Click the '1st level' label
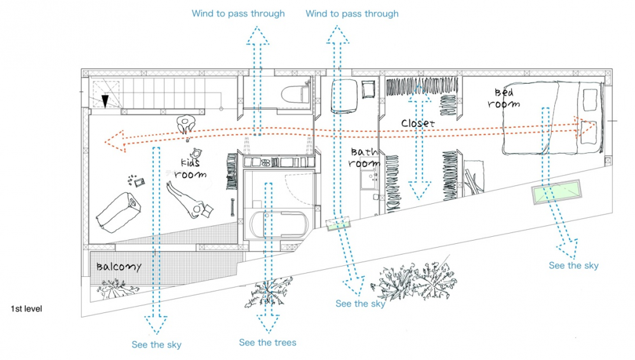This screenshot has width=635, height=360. coord(26,309)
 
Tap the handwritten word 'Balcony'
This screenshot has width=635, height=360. coord(119,267)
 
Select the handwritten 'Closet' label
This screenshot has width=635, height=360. coord(418,123)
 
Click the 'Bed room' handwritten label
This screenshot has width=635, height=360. coord(504,98)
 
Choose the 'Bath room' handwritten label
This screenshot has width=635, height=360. coord(364,158)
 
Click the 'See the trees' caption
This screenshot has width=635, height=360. coord(268,343)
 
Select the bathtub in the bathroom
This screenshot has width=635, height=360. coord(279,225)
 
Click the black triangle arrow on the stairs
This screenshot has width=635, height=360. coord(105,101)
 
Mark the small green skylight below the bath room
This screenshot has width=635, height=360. coord(338,223)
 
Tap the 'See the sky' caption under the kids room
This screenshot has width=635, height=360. coord(156,345)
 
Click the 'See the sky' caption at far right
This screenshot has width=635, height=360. coord(573,265)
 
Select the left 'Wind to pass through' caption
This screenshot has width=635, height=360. coord(238,14)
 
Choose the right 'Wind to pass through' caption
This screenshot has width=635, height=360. coord(352,14)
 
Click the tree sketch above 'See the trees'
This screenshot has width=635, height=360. coord(265,295)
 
